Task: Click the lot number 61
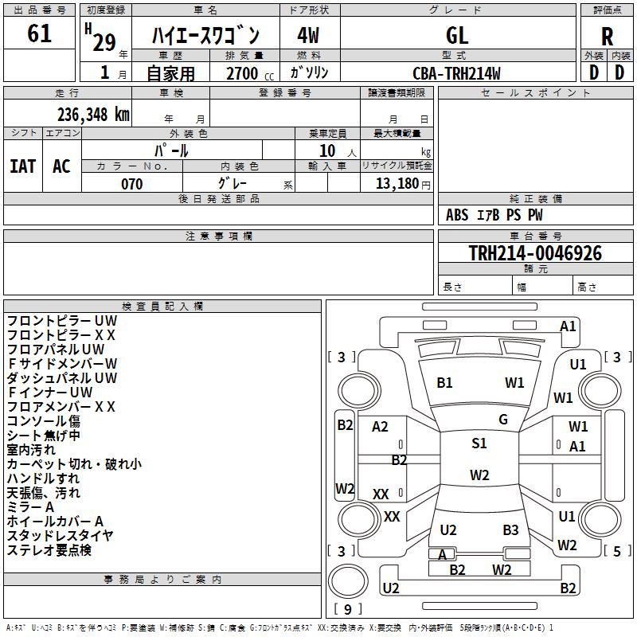(x=39, y=34)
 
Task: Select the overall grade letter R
(x=607, y=36)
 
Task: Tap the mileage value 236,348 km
(x=93, y=114)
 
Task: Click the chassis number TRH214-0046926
(x=535, y=253)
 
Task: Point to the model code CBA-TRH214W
(x=457, y=73)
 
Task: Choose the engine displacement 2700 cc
(x=244, y=73)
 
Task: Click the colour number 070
(x=132, y=184)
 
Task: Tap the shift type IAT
(x=22, y=166)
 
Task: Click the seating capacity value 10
(x=327, y=150)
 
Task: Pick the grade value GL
(x=457, y=35)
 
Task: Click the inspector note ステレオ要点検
(x=49, y=550)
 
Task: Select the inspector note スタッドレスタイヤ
(x=61, y=535)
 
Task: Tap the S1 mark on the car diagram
(x=479, y=444)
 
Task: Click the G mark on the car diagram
(x=502, y=419)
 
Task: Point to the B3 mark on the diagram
(x=510, y=530)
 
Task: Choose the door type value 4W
(x=308, y=35)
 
